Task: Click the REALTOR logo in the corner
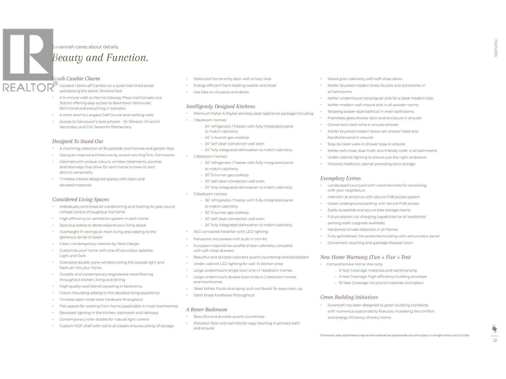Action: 28,60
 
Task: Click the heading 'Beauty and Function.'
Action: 100,58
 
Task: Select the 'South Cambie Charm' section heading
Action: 76,79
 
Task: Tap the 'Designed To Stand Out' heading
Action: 77,141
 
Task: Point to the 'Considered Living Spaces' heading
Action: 81,199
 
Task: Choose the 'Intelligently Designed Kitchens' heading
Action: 220,106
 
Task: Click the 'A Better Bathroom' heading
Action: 207,310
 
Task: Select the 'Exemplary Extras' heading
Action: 340,178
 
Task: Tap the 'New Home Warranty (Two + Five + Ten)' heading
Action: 365,257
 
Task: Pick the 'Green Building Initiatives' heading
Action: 349,297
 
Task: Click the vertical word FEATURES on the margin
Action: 496,48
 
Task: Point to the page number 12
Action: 495,340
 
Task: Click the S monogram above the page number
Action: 495,329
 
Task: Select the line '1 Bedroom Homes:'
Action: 210,120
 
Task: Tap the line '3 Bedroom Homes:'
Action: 210,194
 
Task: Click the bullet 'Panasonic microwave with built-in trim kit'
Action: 230,239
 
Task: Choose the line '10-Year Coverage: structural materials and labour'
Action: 381,283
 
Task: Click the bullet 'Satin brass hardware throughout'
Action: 224,295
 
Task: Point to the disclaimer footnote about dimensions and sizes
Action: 394,335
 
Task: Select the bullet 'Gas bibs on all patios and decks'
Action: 221,92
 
